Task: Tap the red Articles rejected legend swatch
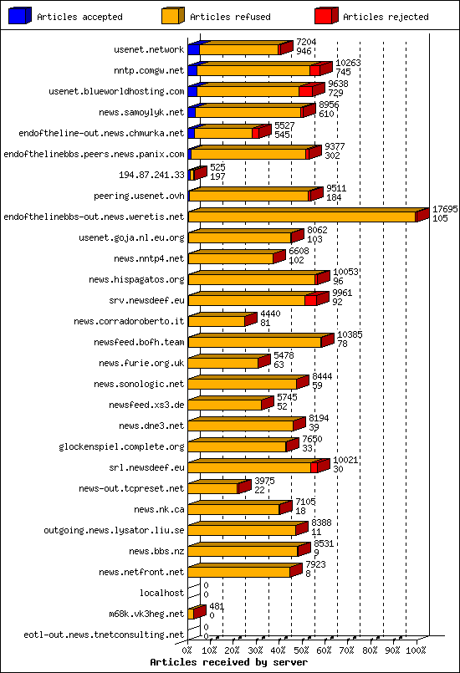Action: point(325,15)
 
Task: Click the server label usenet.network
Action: point(149,49)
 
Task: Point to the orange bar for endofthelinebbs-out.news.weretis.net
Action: point(301,217)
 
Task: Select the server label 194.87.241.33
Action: point(152,175)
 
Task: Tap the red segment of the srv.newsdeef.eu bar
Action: point(310,300)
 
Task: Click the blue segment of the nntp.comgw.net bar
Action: point(193,70)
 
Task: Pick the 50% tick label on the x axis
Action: point(303,650)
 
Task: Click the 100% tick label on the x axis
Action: point(416,650)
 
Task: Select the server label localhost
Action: point(161,593)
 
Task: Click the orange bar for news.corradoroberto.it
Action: point(217,321)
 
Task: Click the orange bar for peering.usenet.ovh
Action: point(248,196)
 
